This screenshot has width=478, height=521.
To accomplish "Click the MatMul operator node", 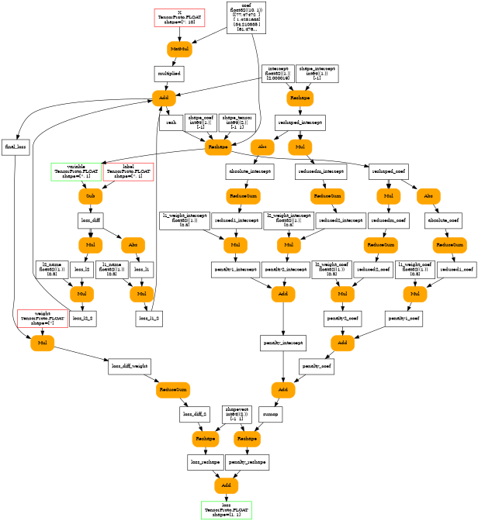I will [179, 49].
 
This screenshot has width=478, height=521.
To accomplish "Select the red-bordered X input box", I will [179, 17].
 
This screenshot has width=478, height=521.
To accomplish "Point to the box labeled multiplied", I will [168, 74].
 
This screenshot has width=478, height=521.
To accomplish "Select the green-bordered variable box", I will [75, 171].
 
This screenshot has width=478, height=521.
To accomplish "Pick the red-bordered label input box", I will [127, 171].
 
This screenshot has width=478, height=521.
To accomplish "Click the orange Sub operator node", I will [90, 195].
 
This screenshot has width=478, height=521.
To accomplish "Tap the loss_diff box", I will [91, 220].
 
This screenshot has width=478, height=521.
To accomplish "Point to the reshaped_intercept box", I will [300, 122].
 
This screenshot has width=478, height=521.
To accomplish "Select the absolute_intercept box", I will [249, 171].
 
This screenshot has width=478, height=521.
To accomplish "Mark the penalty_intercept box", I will [283, 342].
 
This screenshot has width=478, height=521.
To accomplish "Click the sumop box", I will [269, 415].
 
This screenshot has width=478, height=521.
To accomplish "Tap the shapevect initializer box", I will [236, 412].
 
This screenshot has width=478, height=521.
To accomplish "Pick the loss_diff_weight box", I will [129, 366].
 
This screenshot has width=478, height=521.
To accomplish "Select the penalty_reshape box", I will [248, 462].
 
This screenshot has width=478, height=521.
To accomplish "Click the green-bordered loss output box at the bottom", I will [226, 509].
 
